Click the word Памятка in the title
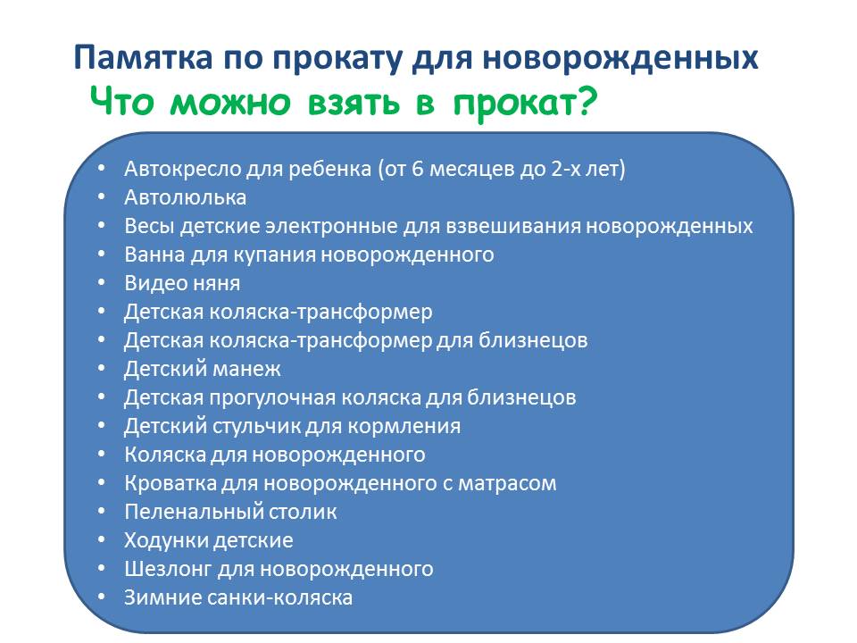143,57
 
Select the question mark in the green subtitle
587,101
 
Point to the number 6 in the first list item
418,169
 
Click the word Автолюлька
186,197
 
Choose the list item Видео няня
182,283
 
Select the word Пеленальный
182,512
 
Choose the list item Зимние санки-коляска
238,597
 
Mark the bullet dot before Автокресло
101,169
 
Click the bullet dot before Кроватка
101,483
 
